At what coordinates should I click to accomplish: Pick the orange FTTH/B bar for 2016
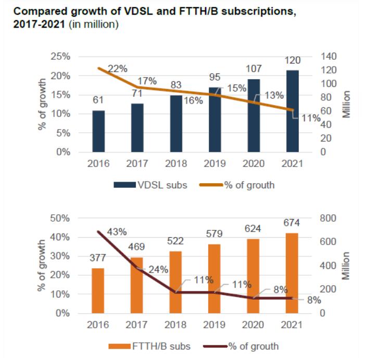[x=99, y=291]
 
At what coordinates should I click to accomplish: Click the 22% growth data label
[x=118, y=69]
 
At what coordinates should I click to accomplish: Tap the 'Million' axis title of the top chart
[x=346, y=104]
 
